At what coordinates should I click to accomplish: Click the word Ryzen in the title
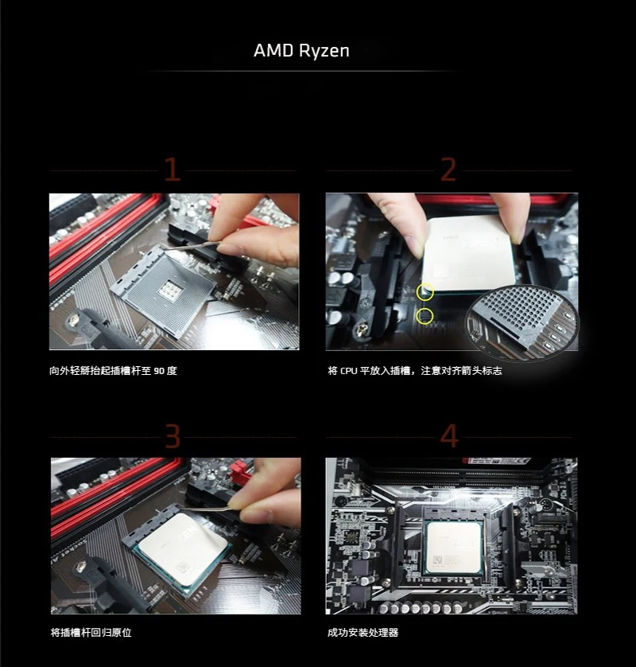point(324,51)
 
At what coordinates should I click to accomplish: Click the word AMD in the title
point(273,51)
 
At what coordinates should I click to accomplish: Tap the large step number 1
point(172,170)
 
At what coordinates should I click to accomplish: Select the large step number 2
point(448,170)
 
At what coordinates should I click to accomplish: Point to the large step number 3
point(173,436)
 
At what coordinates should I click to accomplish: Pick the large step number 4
point(449,436)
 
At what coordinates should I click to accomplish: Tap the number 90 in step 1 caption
point(159,371)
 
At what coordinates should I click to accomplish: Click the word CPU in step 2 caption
point(348,371)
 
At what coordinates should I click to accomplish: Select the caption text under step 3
point(91,633)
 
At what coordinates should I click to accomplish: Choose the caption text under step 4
point(363,633)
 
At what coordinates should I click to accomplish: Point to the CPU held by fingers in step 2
point(467,255)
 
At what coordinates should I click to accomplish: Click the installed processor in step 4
point(454,548)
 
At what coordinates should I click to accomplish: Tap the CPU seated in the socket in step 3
point(182,548)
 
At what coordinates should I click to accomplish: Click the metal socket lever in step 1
point(191,246)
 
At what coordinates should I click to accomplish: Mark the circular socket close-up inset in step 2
point(522,322)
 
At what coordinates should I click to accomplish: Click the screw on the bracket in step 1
point(76,318)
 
